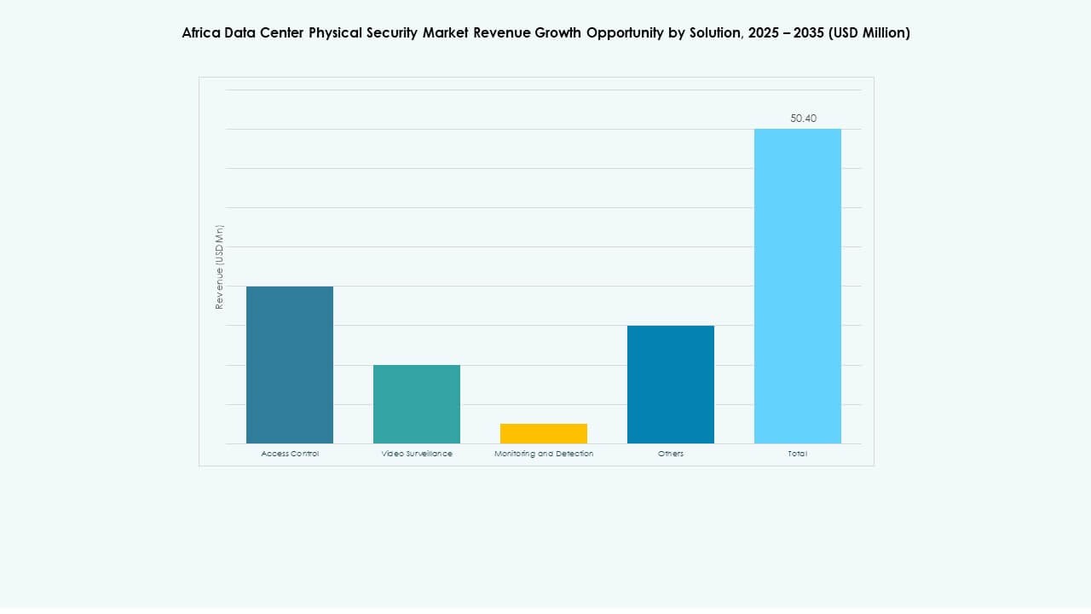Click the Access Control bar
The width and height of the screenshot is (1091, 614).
290,365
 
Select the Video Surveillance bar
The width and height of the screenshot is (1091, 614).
417,404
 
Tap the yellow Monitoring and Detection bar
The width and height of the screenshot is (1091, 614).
544,433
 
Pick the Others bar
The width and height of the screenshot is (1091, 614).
671,385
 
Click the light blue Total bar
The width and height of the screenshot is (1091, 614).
798,286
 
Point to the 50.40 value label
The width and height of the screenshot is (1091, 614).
803,119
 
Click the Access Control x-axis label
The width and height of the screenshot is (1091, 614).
290,454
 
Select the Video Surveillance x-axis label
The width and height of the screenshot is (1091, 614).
417,454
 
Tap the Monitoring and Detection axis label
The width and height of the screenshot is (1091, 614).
544,454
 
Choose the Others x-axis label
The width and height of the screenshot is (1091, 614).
671,454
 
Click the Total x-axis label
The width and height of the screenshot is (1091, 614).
798,454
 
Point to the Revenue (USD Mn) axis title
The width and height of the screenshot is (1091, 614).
219,267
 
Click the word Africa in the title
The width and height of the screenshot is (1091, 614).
201,33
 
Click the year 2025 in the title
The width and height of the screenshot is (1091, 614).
765,33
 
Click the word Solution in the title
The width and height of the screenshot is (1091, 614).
715,33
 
